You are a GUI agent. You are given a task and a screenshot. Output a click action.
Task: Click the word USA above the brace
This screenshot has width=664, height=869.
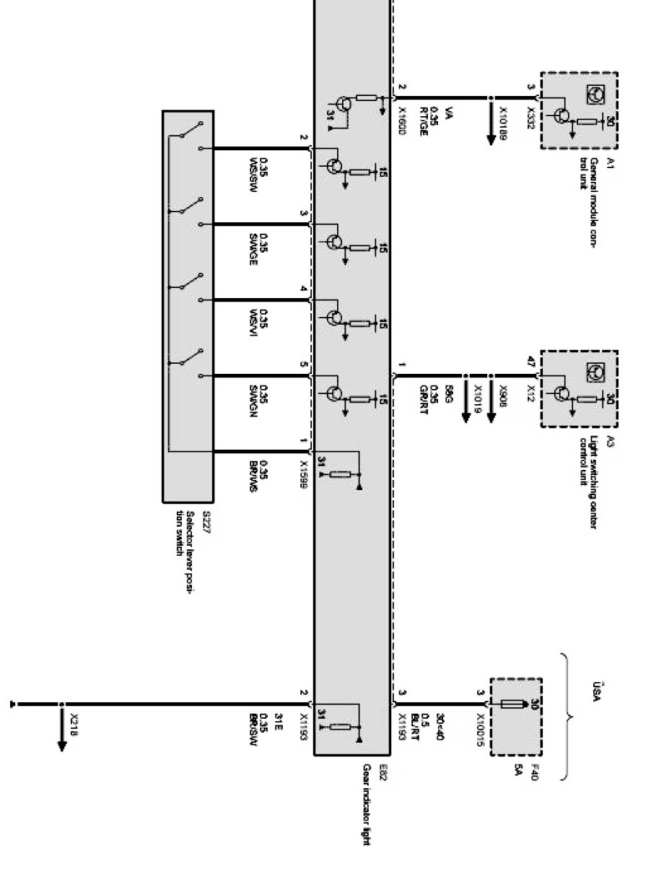point(594,682)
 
